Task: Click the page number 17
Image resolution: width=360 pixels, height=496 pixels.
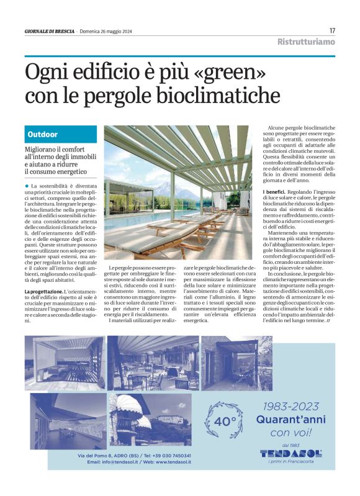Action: [332, 30]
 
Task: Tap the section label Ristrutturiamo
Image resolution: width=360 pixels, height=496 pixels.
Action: [306, 42]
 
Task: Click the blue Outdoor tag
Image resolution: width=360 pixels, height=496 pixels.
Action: [43, 134]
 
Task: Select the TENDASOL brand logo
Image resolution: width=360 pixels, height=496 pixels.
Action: [291, 453]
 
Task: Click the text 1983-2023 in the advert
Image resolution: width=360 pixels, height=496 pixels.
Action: [291, 406]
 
